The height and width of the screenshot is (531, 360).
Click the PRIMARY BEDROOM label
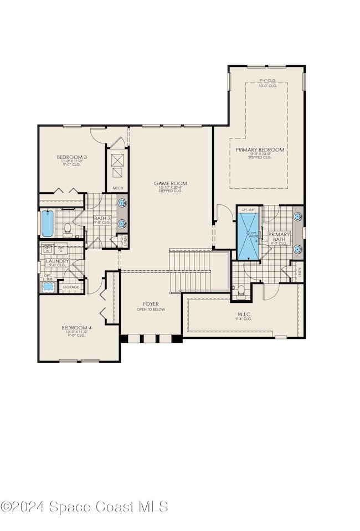[x=259, y=150]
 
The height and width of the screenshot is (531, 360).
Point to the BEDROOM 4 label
[x=76, y=328]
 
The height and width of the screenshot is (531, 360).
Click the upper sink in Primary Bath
[x=298, y=216]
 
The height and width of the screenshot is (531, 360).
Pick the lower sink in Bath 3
[x=122, y=224]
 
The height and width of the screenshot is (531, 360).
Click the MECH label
[x=117, y=188]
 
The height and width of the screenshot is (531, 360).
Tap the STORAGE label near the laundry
[x=70, y=287]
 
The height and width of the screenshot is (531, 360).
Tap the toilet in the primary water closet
[x=240, y=291]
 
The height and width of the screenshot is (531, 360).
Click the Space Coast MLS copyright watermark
[x=84, y=506]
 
